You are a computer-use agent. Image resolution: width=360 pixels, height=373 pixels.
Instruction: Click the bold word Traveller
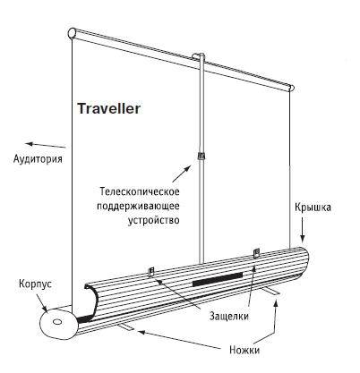[108, 108]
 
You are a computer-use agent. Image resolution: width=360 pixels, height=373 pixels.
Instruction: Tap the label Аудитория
[38, 158]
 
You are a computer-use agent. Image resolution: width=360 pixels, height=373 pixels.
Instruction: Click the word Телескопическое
[140, 191]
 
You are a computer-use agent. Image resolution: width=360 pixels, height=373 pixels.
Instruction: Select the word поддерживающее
[138, 206]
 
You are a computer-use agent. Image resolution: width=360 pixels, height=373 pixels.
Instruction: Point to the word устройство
[154, 220]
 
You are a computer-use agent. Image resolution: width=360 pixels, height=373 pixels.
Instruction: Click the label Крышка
[313, 207]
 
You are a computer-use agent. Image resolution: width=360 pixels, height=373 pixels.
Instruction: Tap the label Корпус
[35, 284]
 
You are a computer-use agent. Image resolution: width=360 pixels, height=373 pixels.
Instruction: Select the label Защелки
[229, 316]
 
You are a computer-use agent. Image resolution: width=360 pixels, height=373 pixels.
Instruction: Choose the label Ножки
[244, 350]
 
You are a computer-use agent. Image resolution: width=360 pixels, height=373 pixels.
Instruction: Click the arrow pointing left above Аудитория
[46, 145]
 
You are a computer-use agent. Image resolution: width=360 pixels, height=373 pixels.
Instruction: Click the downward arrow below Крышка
[303, 229]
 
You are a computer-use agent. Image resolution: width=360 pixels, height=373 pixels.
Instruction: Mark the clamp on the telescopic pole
[201, 156]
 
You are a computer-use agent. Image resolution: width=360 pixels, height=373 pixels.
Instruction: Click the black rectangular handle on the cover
[218, 279]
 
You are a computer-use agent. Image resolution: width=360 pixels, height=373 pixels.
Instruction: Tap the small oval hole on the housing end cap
[56, 322]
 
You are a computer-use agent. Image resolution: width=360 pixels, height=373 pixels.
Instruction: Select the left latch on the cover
[151, 272]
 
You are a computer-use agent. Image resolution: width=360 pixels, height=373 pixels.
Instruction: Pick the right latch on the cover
[256, 254]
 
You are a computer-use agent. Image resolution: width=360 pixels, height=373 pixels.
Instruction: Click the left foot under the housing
[125, 327]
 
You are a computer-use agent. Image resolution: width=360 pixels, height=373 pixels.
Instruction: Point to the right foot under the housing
[272, 292]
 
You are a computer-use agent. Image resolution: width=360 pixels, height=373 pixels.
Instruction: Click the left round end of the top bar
[72, 33]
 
